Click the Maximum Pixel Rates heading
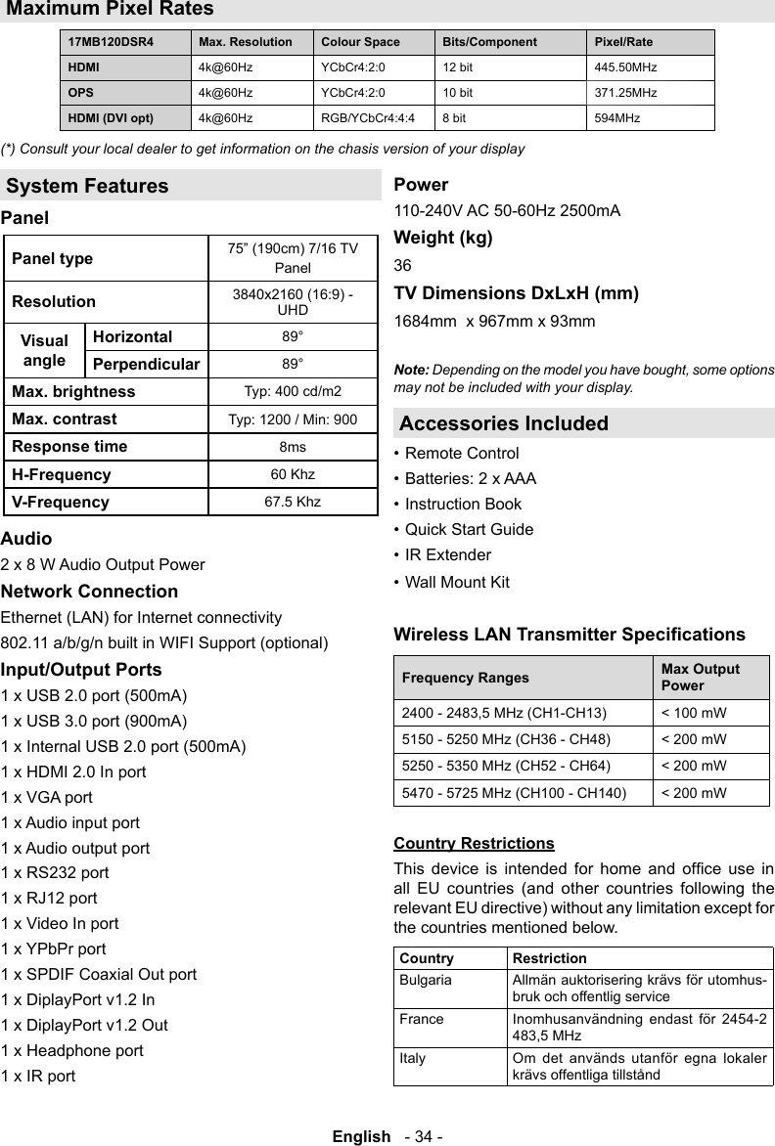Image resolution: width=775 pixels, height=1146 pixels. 110,10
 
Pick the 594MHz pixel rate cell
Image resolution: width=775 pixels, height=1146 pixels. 617,118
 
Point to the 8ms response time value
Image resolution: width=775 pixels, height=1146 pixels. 292,447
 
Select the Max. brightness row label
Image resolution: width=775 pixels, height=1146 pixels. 73,392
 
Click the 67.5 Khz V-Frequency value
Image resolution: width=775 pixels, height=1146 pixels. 292,502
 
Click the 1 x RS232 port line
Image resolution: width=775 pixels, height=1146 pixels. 55,872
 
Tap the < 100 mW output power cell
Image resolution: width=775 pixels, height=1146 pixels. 694,714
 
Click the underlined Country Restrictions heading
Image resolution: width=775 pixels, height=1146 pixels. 474,843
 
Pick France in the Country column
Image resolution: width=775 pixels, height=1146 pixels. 421,1019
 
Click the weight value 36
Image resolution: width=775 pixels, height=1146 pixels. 402,266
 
